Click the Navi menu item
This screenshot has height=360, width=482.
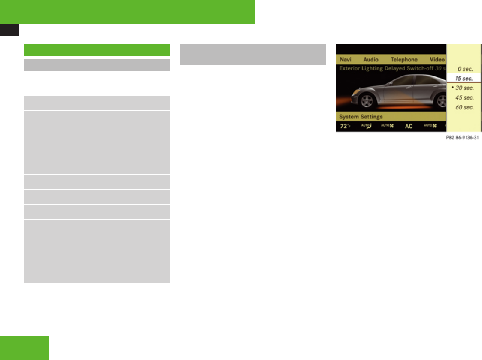[x=345, y=60]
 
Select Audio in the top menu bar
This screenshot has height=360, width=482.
[x=370, y=60]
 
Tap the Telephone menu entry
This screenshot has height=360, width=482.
[x=404, y=60]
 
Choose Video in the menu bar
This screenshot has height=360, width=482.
[x=437, y=60]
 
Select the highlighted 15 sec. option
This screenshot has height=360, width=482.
[x=464, y=79]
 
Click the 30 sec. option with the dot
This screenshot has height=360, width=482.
[x=464, y=88]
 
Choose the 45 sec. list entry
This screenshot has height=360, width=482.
[x=464, y=97]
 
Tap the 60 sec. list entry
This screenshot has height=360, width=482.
[x=464, y=107]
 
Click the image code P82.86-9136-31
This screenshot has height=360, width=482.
[x=461, y=138]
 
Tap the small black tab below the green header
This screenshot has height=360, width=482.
[x=9, y=30]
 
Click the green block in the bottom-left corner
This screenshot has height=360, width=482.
[x=24, y=348]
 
